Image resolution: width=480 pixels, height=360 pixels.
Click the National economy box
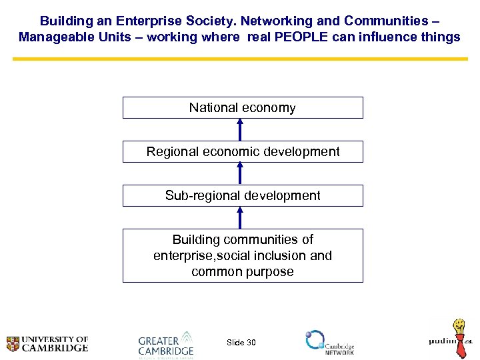[x=243, y=107]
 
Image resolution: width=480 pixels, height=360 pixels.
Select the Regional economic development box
[x=243, y=151]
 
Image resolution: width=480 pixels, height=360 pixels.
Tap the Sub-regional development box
[x=243, y=195]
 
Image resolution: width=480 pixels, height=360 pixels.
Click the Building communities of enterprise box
[x=243, y=255]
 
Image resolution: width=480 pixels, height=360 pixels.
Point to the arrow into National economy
[x=241, y=129]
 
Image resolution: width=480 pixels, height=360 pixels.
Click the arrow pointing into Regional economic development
[x=241, y=173]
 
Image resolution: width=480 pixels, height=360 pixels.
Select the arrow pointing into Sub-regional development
[x=241, y=217]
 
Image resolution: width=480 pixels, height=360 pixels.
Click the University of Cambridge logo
[x=47, y=343]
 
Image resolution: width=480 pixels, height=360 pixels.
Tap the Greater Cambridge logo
[x=165, y=345]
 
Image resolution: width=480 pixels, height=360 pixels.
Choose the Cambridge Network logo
[x=329, y=342]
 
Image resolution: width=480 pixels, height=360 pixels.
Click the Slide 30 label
[x=241, y=343]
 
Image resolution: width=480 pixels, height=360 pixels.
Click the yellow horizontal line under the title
[x=240, y=59]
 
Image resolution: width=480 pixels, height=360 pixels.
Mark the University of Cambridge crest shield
[x=13, y=344]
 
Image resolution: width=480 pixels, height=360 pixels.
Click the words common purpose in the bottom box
[x=243, y=271]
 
